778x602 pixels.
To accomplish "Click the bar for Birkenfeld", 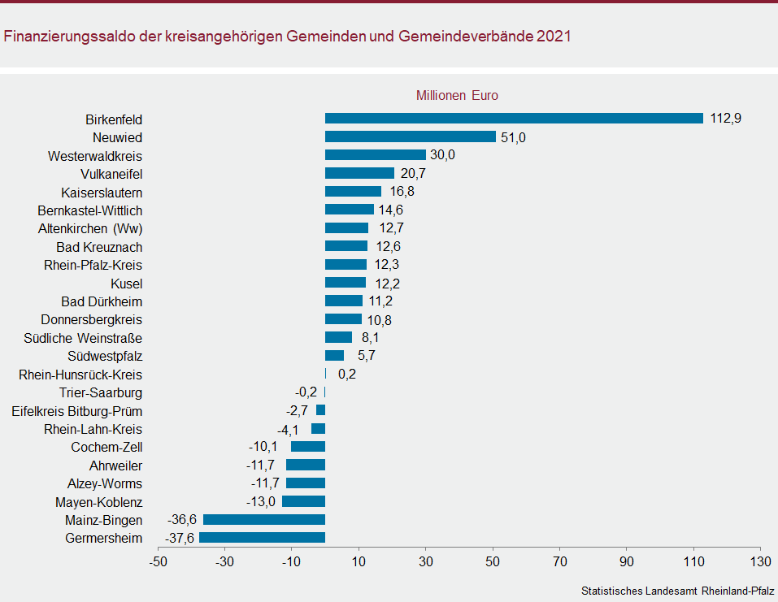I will pyautogui.click(x=514, y=119).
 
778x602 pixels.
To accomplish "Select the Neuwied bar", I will pyautogui.click(x=411, y=136).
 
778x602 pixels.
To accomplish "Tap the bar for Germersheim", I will pyautogui.click(x=262, y=538).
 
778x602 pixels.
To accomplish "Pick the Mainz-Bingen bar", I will pyautogui.click(x=264, y=520).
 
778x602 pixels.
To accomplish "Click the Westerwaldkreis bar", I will pyautogui.click(x=376, y=155).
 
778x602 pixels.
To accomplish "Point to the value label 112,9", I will pyautogui.click(x=726, y=119).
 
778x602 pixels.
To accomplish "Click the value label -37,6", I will pyautogui.click(x=179, y=538).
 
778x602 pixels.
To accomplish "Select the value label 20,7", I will pyautogui.click(x=414, y=174).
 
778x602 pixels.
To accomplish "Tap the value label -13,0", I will pyautogui.click(x=262, y=502).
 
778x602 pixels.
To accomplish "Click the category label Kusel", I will pyautogui.click(x=127, y=284).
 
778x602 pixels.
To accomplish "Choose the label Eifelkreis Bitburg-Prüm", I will pyautogui.click(x=77, y=411).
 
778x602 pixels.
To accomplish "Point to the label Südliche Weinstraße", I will pyautogui.click(x=83, y=338).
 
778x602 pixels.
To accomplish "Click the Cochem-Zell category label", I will pyautogui.click(x=106, y=448).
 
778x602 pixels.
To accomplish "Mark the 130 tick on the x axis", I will pyautogui.click(x=760, y=561).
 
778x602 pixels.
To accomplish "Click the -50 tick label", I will pyautogui.click(x=158, y=561).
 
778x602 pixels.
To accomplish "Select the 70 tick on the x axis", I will pyautogui.click(x=559, y=561).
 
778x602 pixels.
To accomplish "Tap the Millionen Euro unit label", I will pyautogui.click(x=457, y=95).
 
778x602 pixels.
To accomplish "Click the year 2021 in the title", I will pyautogui.click(x=554, y=37).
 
